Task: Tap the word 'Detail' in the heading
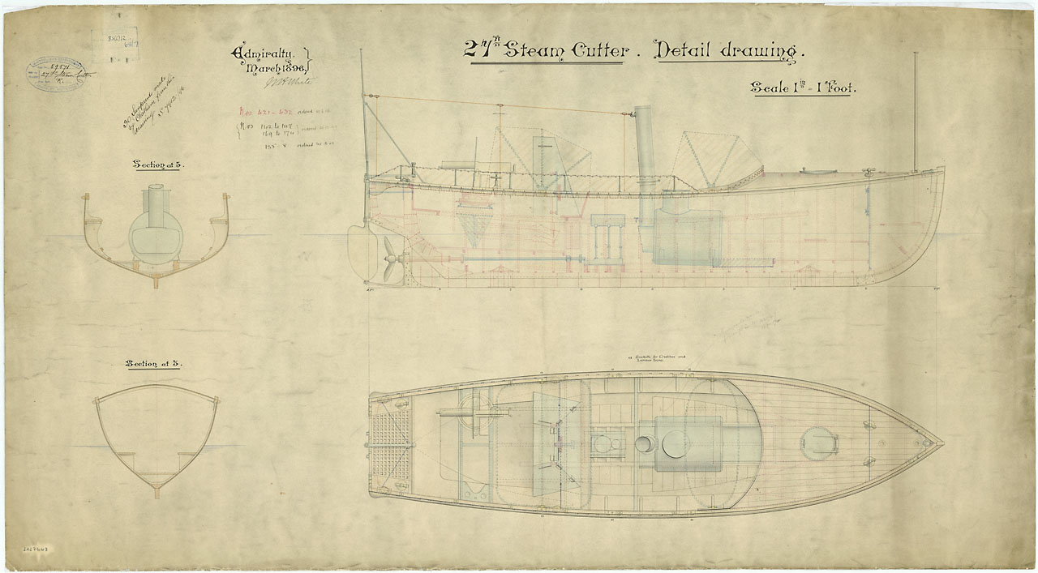click(692, 50)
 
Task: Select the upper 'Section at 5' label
click(158, 165)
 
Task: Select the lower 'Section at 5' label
click(153, 364)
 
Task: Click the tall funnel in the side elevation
click(646, 150)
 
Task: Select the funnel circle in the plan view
click(645, 444)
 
